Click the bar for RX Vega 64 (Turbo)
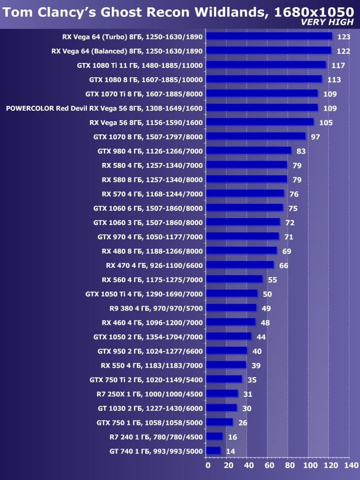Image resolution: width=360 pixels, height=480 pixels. coord(269,36)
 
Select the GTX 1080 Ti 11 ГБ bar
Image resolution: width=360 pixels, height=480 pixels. coord(266,64)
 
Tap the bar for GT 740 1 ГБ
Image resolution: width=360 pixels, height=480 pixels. coord(214,450)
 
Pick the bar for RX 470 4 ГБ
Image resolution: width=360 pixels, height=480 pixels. coord(240,265)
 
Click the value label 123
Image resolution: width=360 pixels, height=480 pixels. coord(343,36)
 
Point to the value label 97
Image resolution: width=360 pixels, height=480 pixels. coord(315,136)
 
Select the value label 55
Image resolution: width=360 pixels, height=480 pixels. coord(272,280)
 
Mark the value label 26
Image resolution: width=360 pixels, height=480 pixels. coord(242,422)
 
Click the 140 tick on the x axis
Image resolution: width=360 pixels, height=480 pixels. coord(351,465)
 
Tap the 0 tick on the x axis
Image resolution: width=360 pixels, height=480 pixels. coord(207,465)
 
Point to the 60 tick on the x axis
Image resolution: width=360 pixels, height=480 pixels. coord(268,465)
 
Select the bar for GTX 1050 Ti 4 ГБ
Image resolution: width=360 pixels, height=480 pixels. coord(232,293)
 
